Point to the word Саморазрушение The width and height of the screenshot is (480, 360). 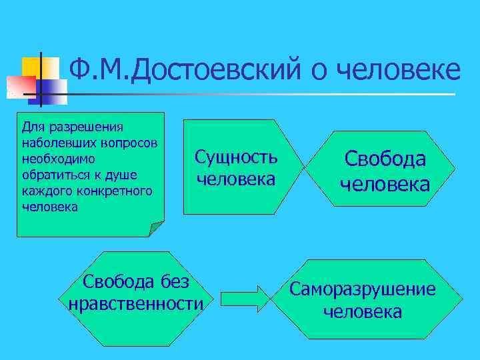[362, 289]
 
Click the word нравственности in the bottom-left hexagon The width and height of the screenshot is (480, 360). [136, 304]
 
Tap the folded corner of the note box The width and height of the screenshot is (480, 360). [157, 229]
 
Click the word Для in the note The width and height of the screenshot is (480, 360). [31, 126]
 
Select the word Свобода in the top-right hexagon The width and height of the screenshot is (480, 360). [385, 159]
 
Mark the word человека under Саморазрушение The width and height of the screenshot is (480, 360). [362, 311]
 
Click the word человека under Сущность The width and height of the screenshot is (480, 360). [236, 179]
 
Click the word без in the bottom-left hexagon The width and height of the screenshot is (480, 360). [174, 282]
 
